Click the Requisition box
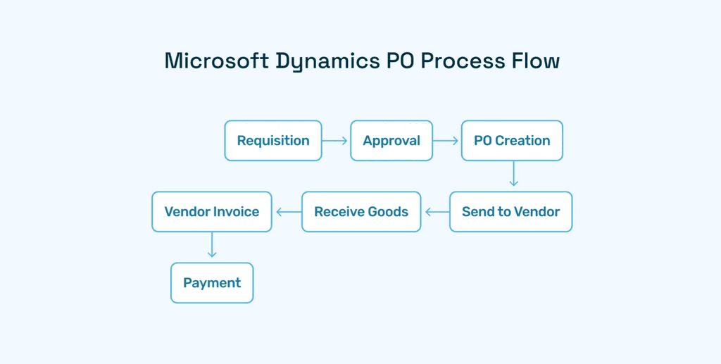[273, 141]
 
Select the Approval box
[391, 141]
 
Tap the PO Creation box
[512, 141]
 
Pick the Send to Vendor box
[510, 212]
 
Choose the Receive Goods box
[361, 212]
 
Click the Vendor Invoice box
[212, 212]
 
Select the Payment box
[212, 283]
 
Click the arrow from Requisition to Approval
[335, 141]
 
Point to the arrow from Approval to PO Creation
[446, 141]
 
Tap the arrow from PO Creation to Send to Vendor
[513, 175]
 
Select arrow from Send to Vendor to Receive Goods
[437, 212]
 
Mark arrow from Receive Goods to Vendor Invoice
[288, 212]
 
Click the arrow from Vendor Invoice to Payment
[212, 245]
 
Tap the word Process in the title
[463, 61]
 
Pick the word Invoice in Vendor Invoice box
[236, 212]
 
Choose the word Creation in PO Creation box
[523, 141]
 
